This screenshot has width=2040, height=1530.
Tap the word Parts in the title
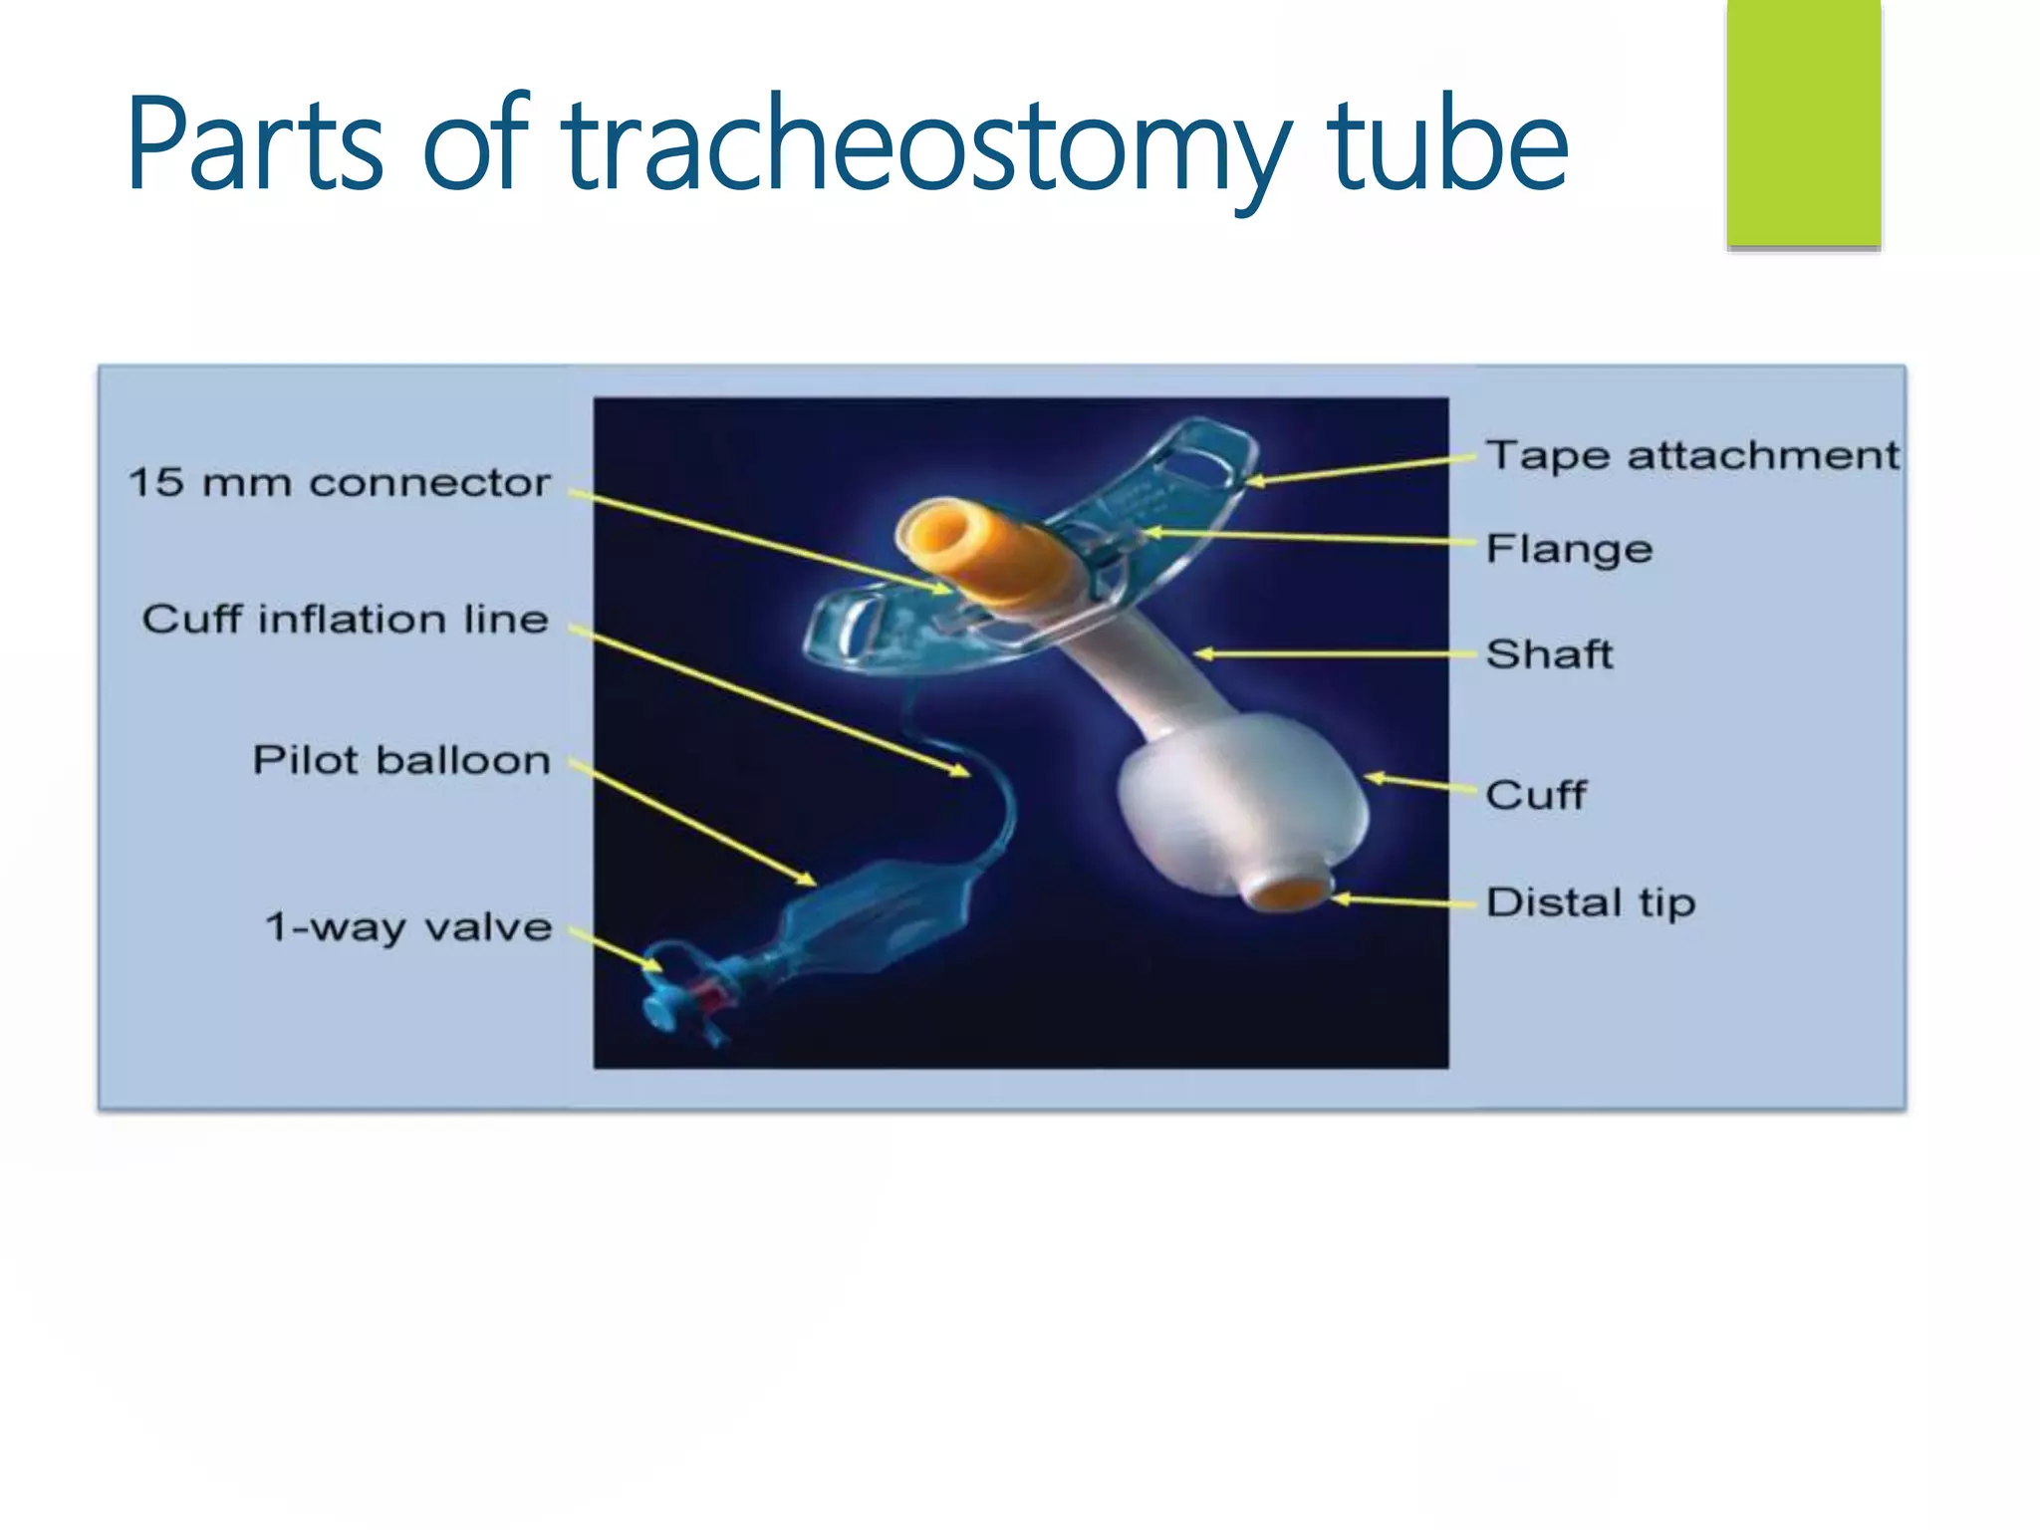(255, 144)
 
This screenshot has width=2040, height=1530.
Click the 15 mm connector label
(339, 482)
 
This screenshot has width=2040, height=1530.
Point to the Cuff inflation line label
(345, 619)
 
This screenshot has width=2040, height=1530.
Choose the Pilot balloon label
(400, 760)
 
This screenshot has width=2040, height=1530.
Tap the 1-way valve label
(407, 926)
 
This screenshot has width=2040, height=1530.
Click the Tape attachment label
(1691, 455)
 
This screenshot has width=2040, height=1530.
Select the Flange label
(1569, 549)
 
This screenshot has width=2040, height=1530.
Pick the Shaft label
(1549, 654)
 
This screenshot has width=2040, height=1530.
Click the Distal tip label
(1590, 902)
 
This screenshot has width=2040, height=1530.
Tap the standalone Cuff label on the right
(1535, 795)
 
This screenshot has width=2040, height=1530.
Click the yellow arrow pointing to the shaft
(1335, 654)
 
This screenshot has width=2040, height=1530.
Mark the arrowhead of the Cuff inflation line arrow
(960, 770)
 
